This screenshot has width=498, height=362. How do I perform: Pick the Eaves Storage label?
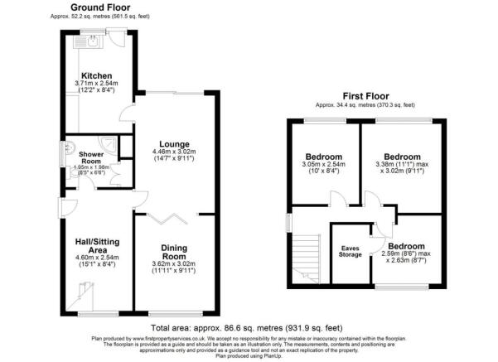351,250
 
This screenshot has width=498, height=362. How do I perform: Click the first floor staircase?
306,258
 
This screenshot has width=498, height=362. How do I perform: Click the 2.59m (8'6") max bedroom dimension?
406,259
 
